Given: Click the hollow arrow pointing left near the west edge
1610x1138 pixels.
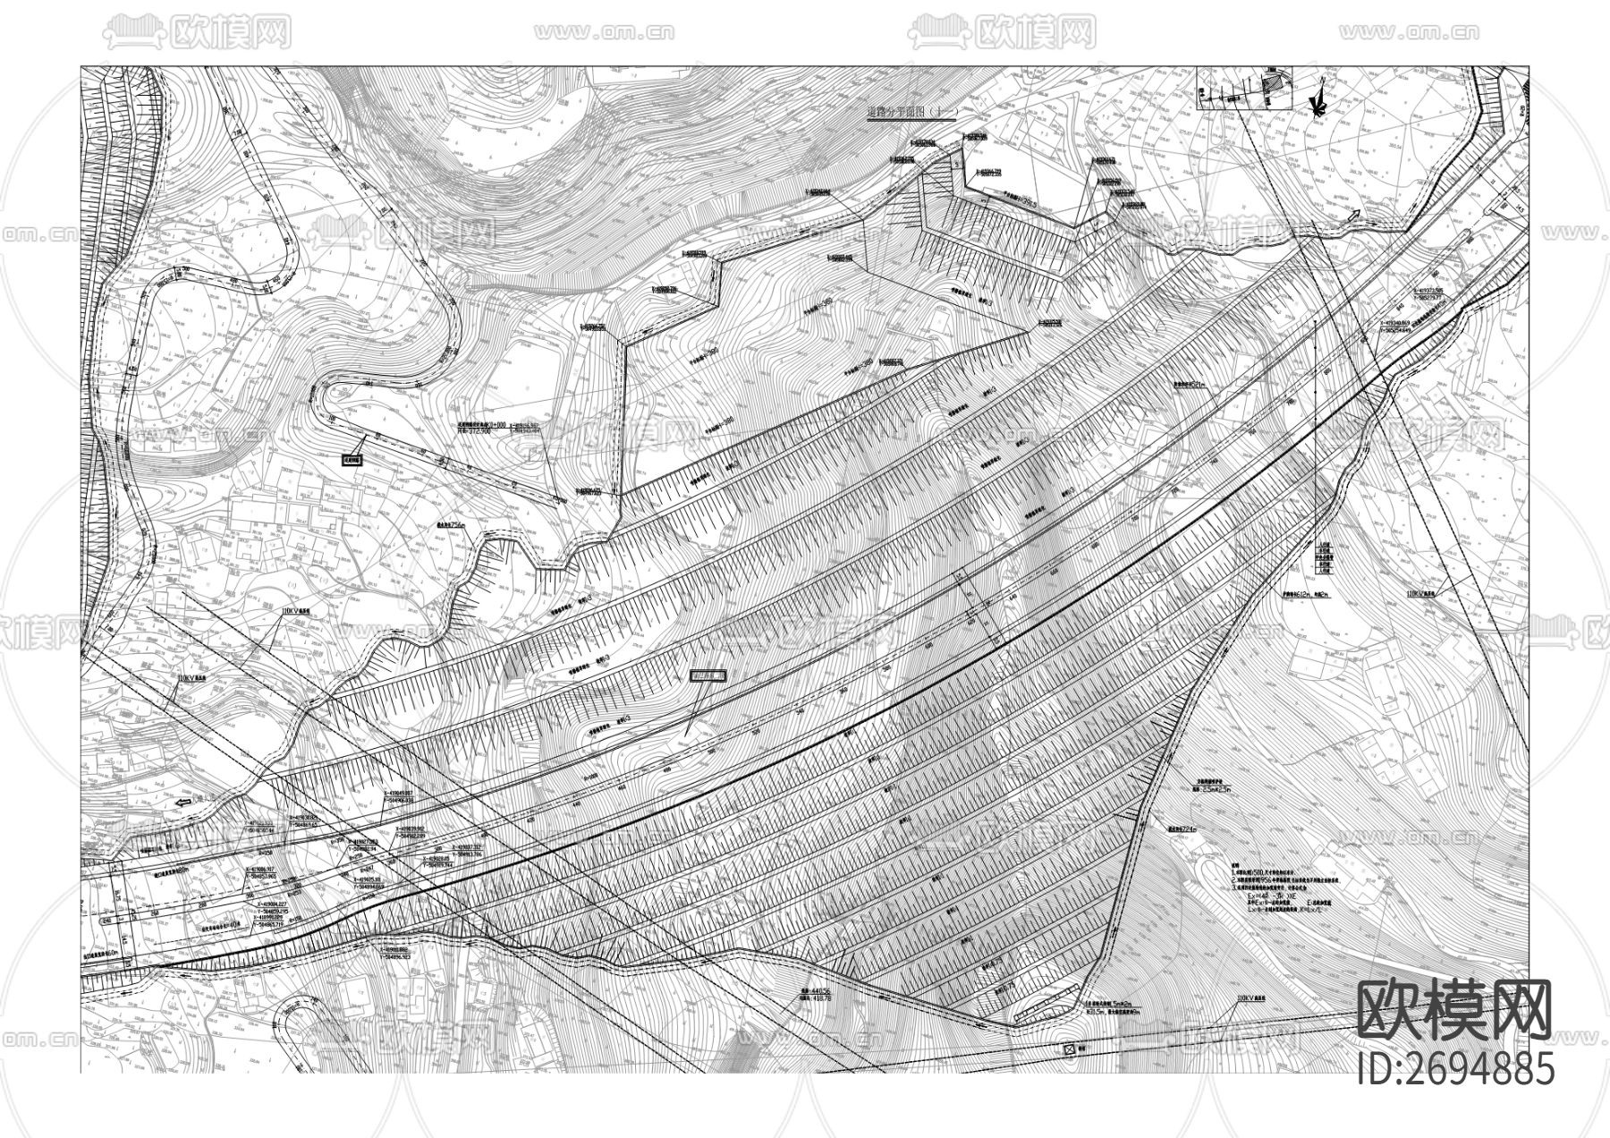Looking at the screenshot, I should pyautogui.click(x=184, y=803).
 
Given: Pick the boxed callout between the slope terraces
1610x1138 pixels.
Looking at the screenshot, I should pyautogui.click(x=709, y=676).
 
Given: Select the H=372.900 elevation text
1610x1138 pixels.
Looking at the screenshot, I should pyautogui.click(x=478, y=430).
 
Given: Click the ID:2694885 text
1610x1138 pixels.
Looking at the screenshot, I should pyautogui.click(x=1456, y=1068).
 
